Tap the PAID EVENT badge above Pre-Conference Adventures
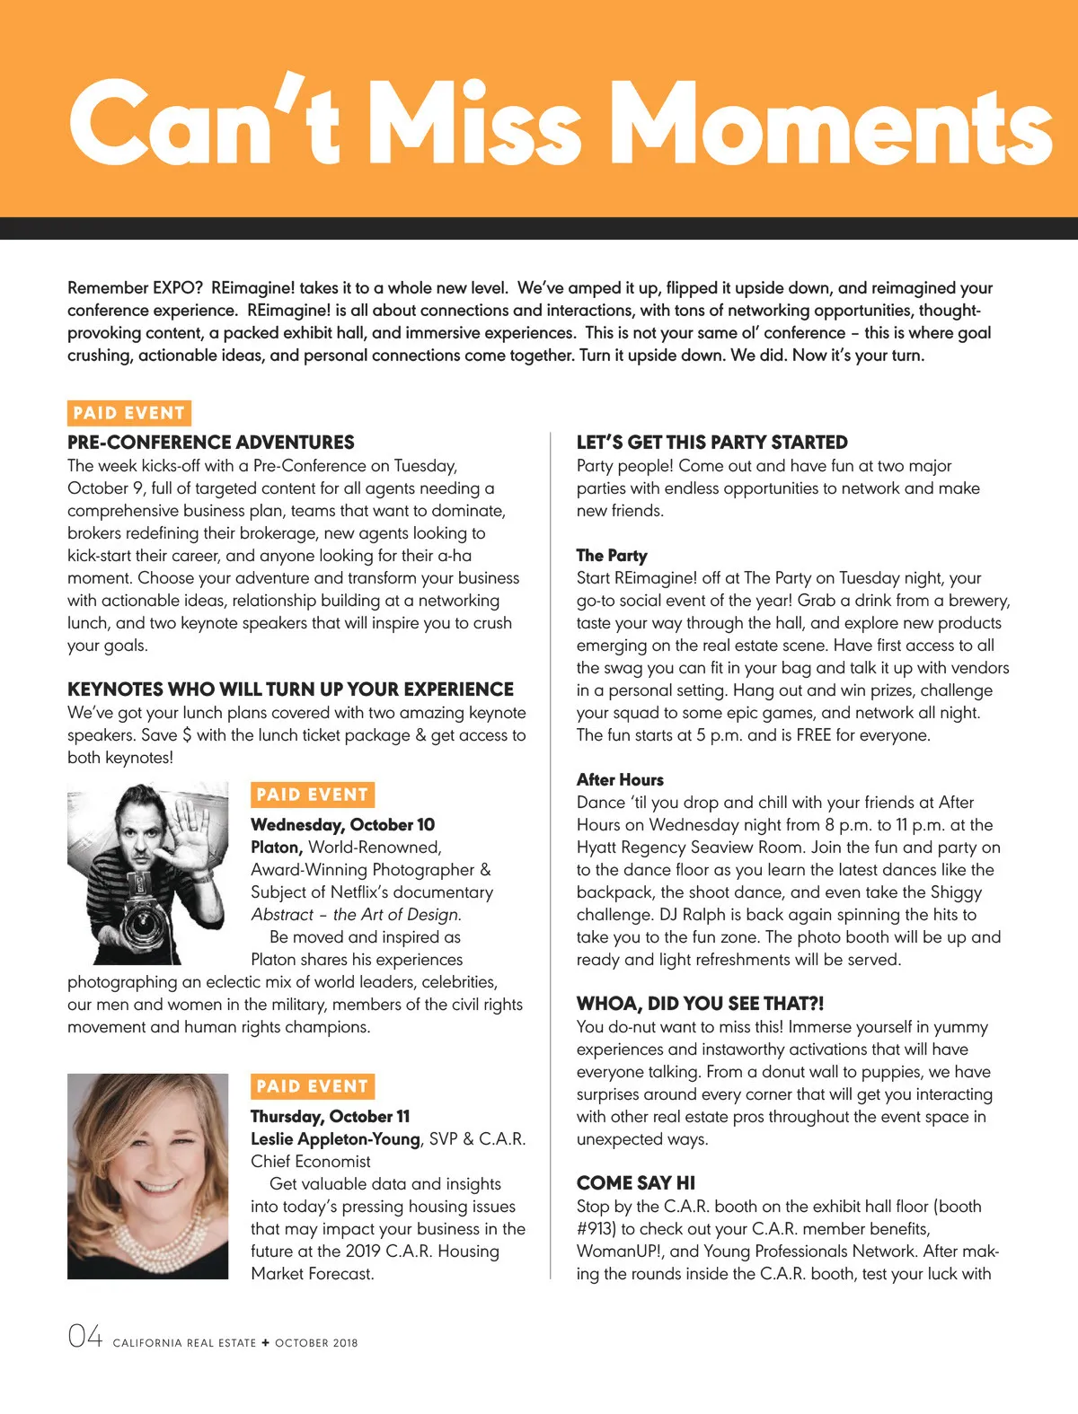(x=129, y=413)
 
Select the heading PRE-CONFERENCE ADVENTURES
(x=211, y=442)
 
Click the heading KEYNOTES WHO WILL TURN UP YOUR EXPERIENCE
(x=290, y=689)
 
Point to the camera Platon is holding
(x=144, y=916)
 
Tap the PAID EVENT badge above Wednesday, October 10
(x=312, y=795)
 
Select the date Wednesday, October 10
(x=342, y=824)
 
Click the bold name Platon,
(x=277, y=847)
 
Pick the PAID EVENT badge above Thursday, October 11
(x=312, y=1086)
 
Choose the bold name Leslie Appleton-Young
(x=335, y=1138)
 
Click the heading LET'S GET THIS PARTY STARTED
(x=711, y=442)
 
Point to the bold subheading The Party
(x=612, y=555)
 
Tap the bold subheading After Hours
(x=620, y=779)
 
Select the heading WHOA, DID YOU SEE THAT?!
(x=700, y=1003)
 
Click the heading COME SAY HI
(x=636, y=1182)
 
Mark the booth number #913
(x=596, y=1228)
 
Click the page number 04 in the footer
(x=85, y=1337)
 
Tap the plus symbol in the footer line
(x=265, y=1342)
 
